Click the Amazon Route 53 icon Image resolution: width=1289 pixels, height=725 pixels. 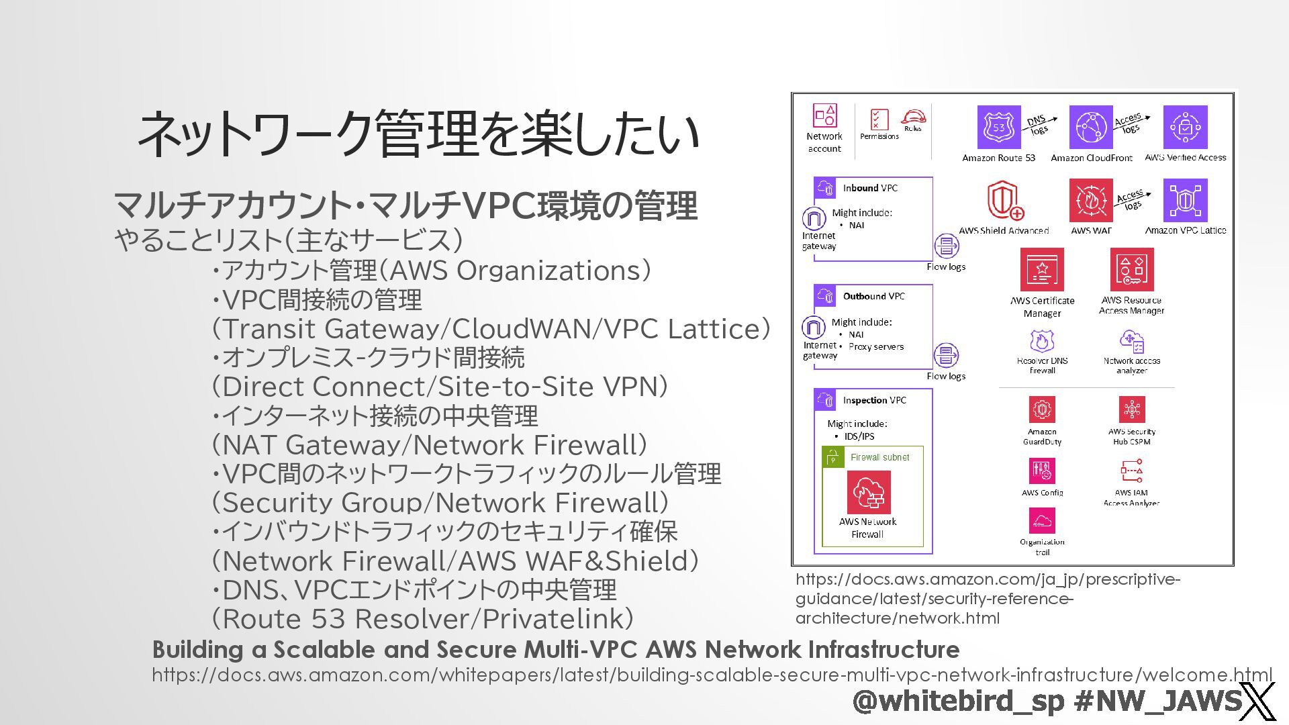point(998,127)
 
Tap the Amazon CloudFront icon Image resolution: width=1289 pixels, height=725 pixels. point(1090,127)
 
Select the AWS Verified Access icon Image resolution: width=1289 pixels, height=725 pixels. point(1185,127)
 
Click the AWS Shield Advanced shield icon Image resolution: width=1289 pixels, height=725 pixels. point(1004,200)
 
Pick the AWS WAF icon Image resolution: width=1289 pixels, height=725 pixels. point(1090,200)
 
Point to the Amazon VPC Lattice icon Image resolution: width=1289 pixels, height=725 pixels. point(1185,200)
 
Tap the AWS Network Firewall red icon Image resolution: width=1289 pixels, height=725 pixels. point(868,492)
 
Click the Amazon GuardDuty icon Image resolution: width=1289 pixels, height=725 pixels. point(1042,409)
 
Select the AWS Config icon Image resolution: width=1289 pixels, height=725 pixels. point(1042,471)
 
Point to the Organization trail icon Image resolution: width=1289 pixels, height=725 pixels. point(1042,520)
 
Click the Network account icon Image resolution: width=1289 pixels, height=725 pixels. point(824,115)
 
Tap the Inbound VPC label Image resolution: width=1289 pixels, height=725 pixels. point(870,188)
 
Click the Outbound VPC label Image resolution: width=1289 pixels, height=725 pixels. point(873,296)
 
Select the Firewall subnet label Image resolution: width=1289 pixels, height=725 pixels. point(879,457)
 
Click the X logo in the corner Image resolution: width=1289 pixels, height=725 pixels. point(1257,702)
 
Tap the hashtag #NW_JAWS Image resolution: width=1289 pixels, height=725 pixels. point(1157,701)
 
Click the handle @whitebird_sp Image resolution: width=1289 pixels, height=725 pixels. point(959,701)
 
